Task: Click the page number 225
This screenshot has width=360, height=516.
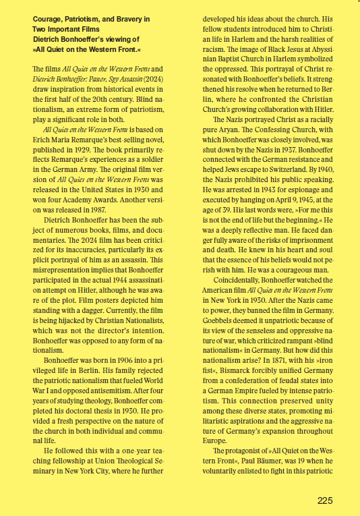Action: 324,500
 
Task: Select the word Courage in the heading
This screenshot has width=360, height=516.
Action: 47,18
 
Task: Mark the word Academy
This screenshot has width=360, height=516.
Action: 107,200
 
